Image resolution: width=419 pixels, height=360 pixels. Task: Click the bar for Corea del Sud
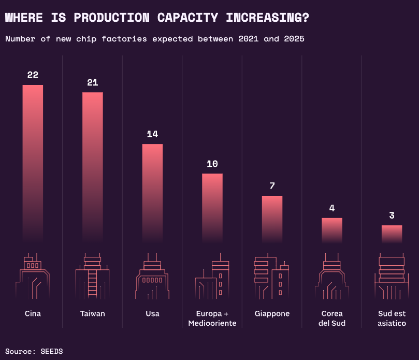[x=332, y=230]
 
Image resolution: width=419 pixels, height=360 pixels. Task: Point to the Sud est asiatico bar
[x=392, y=234]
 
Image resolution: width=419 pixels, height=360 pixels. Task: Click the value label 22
[x=33, y=75]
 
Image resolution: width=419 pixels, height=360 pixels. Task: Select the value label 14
[x=152, y=134]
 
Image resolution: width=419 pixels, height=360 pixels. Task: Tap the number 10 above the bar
[x=212, y=164]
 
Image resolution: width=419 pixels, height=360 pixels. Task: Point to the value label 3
[x=392, y=215]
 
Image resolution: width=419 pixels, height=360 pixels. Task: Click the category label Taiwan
[x=93, y=314]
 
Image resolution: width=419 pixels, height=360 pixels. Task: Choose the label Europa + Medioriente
[x=212, y=319]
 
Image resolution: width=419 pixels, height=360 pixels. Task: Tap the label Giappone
[x=272, y=314]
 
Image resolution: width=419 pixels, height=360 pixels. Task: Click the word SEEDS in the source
[x=51, y=351]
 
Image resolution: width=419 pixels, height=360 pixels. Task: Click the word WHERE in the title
[x=24, y=17]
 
